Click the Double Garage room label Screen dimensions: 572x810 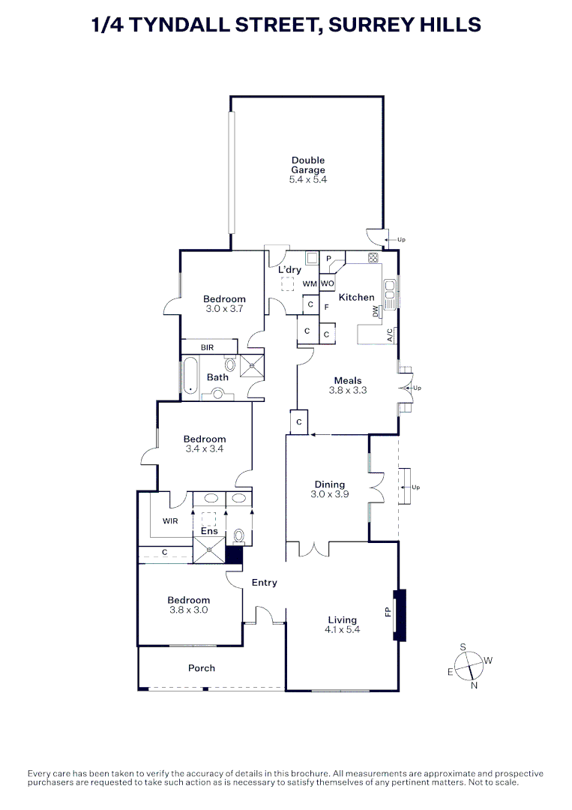pos(308,165)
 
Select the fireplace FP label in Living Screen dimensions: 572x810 pos(388,612)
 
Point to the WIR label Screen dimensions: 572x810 pos(170,521)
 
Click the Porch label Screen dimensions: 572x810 pos(202,668)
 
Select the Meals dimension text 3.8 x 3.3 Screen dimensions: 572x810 pos(348,391)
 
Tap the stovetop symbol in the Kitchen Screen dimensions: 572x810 pos(373,256)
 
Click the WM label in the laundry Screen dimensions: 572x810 pos(310,283)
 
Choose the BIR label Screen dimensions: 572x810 pos(207,348)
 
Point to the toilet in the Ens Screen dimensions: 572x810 pos(238,535)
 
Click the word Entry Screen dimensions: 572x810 pos(265,583)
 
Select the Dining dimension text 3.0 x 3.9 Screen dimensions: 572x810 pos(329,494)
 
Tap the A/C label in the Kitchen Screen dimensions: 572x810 pos(391,335)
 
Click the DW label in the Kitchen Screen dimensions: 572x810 pos(376,311)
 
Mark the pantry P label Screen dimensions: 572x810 pos(328,259)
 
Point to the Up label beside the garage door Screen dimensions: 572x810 pos(401,240)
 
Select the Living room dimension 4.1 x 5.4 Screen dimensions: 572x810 pos(343,630)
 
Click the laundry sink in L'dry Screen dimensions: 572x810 pos(312,258)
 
